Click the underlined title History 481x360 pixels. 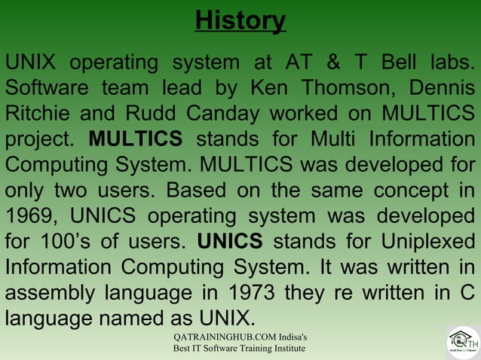pos(240,20)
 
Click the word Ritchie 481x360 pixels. pos(39,114)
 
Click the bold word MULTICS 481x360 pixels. pos(135,140)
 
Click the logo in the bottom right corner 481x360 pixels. pos(461,343)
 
